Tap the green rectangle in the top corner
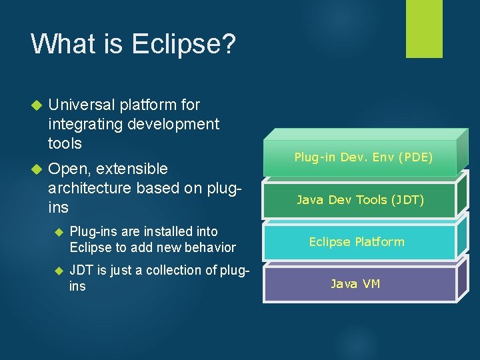point(424,29)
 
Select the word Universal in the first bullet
point(81,105)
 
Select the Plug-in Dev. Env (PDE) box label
point(363,157)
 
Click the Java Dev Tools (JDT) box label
point(360,199)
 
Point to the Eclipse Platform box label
point(356,241)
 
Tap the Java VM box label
point(355,283)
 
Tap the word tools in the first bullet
point(65,143)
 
